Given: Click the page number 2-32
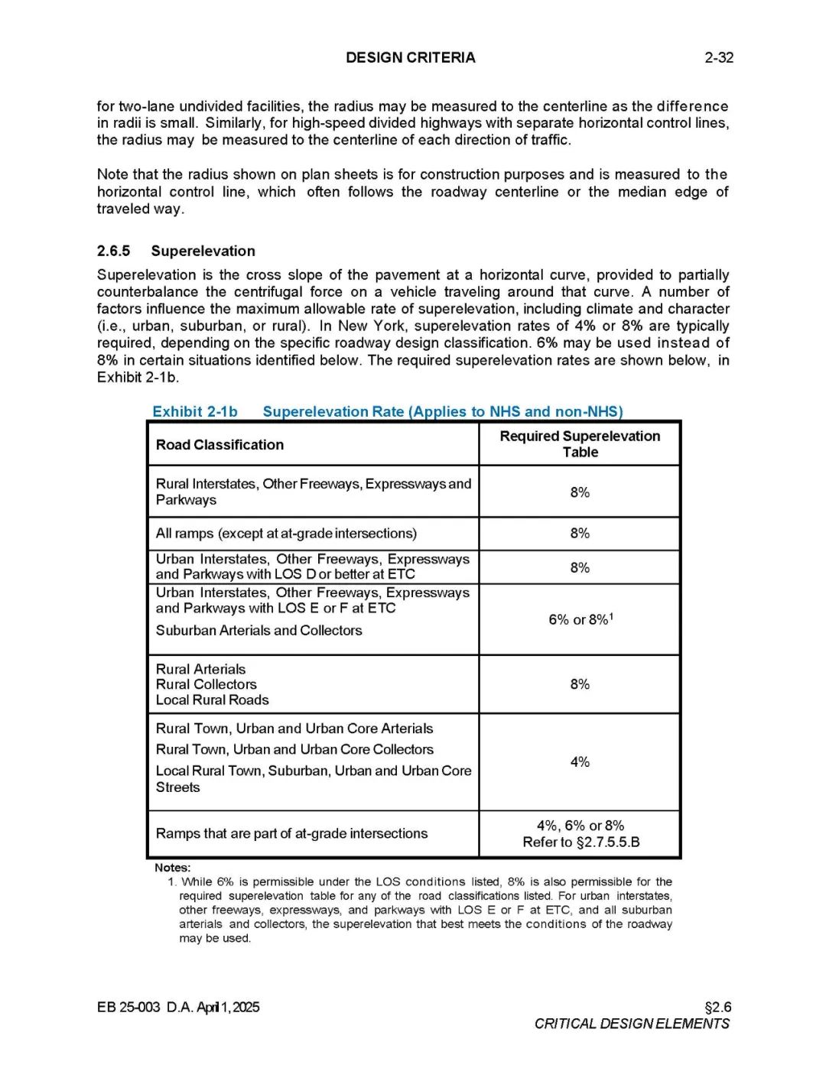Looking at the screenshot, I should tap(718, 57).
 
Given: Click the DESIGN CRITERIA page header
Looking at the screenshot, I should tap(410, 57).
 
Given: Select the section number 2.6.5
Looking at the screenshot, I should tap(113, 251).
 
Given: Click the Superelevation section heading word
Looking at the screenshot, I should tap(203, 251).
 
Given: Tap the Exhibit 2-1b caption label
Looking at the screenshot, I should tap(195, 411).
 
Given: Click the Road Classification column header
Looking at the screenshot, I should tap(220, 445).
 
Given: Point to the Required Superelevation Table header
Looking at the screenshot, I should tap(580, 444).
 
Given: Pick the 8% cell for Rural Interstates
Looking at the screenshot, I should tap(580, 492).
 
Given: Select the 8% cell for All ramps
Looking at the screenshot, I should tap(580, 534).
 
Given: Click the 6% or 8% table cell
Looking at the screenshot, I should tap(580, 619).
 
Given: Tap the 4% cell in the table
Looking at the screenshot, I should tap(580, 762).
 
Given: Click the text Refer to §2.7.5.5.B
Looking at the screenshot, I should tap(581, 842).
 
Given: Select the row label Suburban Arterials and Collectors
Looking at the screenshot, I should tap(259, 631).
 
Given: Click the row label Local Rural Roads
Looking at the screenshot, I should tap(212, 700).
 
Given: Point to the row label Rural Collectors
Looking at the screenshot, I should tap(206, 684).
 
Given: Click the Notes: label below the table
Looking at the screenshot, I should tap(172, 868).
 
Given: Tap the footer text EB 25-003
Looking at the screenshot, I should tap(128, 1007).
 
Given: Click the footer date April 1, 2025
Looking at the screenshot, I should tap(228, 1007).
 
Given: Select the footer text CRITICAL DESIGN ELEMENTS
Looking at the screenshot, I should tap(632, 1024).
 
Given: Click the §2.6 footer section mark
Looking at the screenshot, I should tap(717, 1007).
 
